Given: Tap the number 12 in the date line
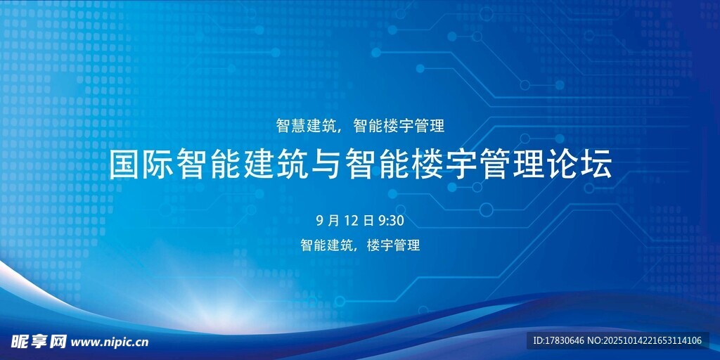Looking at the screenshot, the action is [351, 221].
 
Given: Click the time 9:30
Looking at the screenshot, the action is [391, 221].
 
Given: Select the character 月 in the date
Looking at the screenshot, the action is [334, 221].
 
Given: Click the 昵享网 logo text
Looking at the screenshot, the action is [39, 342].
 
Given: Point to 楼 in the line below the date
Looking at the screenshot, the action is [374, 245].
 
